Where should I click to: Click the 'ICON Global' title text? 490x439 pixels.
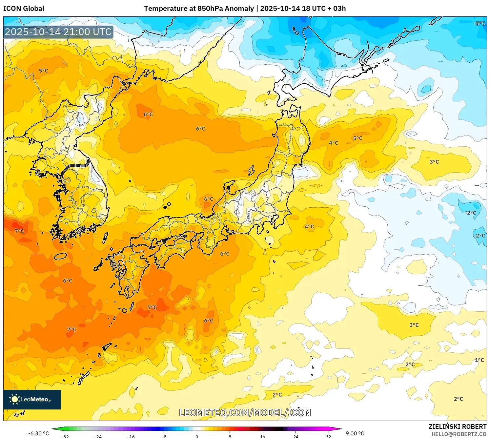click(x=24, y=9)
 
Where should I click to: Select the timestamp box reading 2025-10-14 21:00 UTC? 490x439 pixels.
click(x=58, y=32)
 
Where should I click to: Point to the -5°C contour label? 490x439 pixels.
click(x=479, y=23)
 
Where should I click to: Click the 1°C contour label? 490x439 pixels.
click(x=479, y=360)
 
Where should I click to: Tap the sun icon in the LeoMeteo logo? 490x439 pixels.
click(x=14, y=399)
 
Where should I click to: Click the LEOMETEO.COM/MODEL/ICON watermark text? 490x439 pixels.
click(x=245, y=412)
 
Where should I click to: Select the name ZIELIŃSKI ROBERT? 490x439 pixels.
click(x=458, y=427)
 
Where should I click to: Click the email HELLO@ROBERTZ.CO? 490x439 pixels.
click(x=459, y=434)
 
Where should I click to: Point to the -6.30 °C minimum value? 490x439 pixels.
click(x=38, y=433)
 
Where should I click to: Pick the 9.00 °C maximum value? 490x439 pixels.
click(x=355, y=433)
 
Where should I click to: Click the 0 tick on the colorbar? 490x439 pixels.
click(x=197, y=436)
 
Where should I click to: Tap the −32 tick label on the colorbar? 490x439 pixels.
click(x=65, y=436)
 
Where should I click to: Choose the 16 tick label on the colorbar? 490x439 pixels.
click(x=262, y=436)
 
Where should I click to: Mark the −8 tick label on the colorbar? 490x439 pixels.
click(x=164, y=436)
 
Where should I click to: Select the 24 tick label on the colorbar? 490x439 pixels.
click(x=296, y=436)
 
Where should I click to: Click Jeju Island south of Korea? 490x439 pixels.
click(x=60, y=256)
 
